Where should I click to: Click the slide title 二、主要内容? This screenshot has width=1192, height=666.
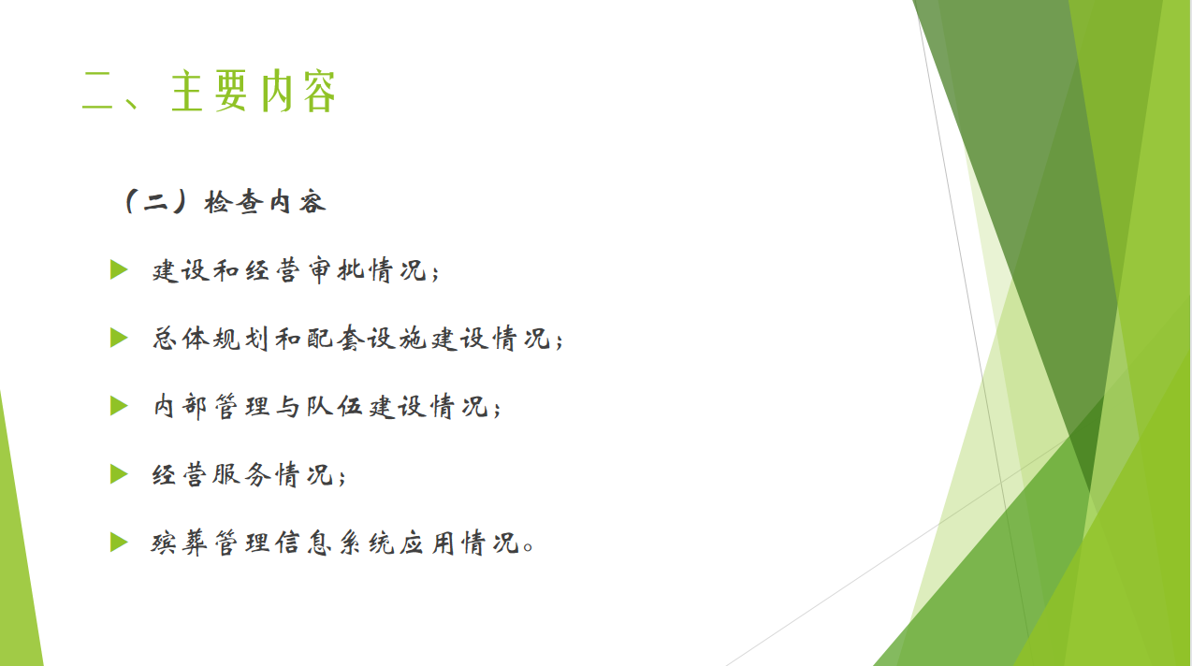point(210,91)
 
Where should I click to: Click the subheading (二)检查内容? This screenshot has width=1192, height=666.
point(224,202)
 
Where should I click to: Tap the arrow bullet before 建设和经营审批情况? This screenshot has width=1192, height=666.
point(119,269)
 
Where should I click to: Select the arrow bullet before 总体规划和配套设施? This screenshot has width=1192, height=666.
point(119,338)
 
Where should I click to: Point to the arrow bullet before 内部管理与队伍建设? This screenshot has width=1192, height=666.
point(119,406)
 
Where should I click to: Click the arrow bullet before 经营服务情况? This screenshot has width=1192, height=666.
point(119,474)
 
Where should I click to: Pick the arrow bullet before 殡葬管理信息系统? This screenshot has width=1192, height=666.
point(119,542)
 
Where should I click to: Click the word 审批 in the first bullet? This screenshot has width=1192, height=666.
point(336,270)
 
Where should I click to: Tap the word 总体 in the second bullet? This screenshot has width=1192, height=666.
point(181,339)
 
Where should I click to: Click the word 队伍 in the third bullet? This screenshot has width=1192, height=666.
point(335,407)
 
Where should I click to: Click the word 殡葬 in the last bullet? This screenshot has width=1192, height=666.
point(180,543)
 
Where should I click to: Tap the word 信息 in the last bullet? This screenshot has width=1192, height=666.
point(304,543)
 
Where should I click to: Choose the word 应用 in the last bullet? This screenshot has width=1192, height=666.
point(427,543)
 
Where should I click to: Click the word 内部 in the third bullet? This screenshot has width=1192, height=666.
point(181,407)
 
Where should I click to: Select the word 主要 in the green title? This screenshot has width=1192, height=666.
point(210,91)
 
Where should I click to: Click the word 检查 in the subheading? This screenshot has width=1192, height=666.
point(234,203)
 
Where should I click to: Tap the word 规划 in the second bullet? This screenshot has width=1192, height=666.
point(242,339)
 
